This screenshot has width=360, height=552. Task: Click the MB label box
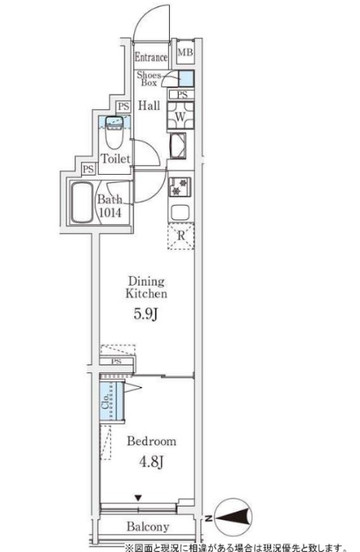pyautogui.click(x=185, y=52)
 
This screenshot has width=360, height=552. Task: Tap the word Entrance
pyautogui.click(x=151, y=57)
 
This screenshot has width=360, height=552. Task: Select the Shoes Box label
pyautogui.click(x=149, y=79)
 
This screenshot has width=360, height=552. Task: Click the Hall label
pyautogui.click(x=149, y=105)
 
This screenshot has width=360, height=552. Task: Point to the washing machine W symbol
pyautogui.click(x=180, y=116)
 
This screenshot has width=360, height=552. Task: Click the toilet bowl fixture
pyautogui.click(x=114, y=133)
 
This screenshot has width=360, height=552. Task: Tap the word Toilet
pyautogui.click(x=116, y=159)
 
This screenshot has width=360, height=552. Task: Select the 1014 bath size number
pyautogui.click(x=110, y=213)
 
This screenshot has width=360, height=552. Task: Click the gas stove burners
pyautogui.click(x=180, y=187)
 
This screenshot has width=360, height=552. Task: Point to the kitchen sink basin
pyautogui.click(x=180, y=213)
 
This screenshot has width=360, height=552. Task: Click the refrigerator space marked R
pyautogui.click(x=181, y=236)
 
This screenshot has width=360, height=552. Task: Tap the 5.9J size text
pyautogui.click(x=145, y=314)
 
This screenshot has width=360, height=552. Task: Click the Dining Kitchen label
pyautogui.click(x=146, y=287)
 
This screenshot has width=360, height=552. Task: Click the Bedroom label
pyautogui.click(x=151, y=441)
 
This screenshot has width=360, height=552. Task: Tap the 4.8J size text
pyautogui.click(x=151, y=461)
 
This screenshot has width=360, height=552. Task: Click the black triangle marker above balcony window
pyautogui.click(x=138, y=498)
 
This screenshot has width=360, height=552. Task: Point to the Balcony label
pyautogui.click(x=148, y=527)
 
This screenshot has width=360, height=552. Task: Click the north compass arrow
pyautogui.click(x=233, y=517)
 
